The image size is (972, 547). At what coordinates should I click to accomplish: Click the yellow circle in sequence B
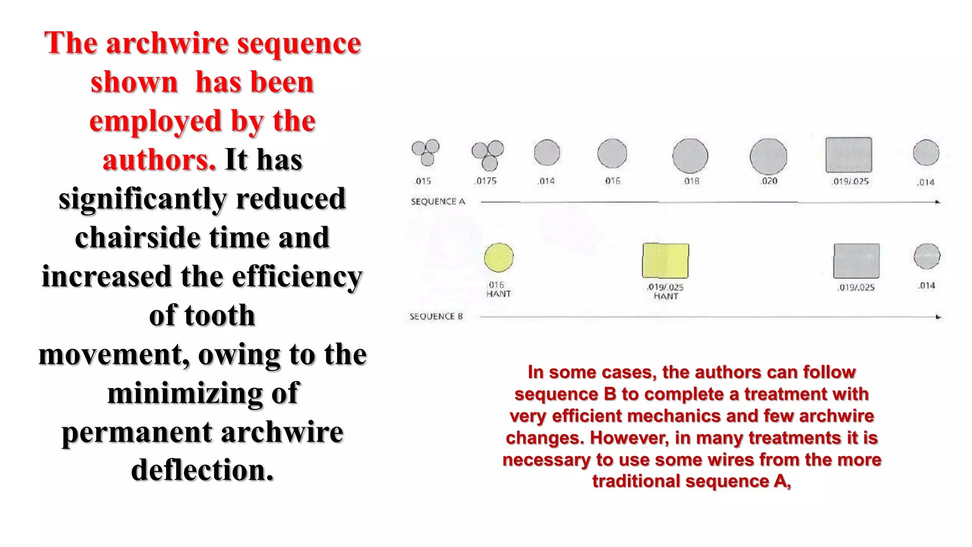coord(498,257)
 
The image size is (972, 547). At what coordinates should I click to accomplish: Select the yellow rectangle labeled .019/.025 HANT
coord(665,261)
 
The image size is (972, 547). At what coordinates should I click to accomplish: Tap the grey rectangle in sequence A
coord(849,155)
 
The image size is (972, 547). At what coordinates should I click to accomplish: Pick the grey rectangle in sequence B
coord(856,261)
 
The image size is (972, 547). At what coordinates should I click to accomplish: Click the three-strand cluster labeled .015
coord(425,152)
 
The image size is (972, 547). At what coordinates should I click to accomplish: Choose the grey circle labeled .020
coord(768,156)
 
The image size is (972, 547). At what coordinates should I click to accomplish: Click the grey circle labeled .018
coord(690,156)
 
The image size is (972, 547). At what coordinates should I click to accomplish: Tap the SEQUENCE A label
coord(438,202)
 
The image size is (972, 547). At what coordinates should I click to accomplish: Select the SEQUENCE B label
coord(436,317)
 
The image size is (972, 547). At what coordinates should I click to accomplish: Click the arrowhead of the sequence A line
coord(937,202)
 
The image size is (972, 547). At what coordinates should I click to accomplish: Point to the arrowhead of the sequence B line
coord(938,317)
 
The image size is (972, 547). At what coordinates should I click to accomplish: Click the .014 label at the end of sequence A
coord(925,182)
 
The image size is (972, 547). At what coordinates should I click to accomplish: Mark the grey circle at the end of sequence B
coord(926,256)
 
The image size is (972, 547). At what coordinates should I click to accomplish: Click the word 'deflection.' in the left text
coord(203,470)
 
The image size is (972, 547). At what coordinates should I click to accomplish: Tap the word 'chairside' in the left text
coord(138,237)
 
